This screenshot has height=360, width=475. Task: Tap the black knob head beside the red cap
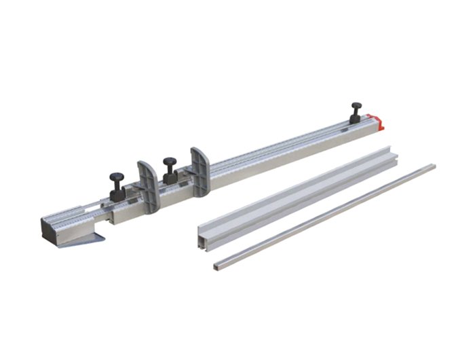pos(356,105)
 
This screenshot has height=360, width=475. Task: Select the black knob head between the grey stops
pos(169,162)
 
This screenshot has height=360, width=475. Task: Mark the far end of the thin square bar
pos(432,165)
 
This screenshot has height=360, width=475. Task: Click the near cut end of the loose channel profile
pos(200,234)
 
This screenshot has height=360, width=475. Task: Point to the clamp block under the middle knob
pos(170,177)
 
